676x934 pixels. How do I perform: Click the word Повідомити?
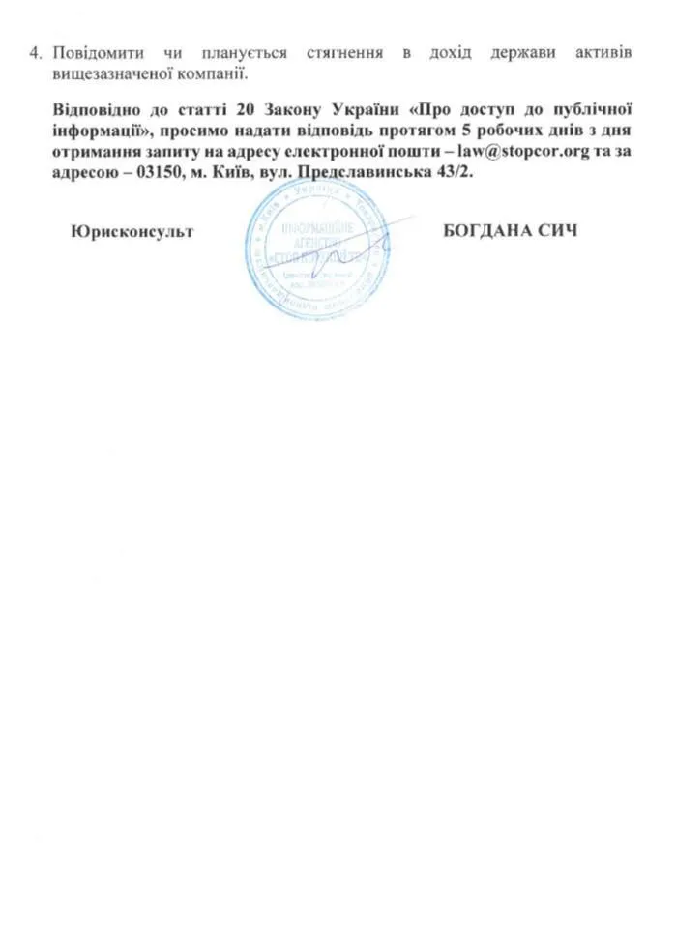pyautogui.click(x=97, y=50)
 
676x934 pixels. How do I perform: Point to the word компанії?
pyautogui.click(x=204, y=72)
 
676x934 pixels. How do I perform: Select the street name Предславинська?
pyautogui.click(x=383, y=174)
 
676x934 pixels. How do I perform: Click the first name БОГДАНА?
pyautogui.click(x=491, y=231)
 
